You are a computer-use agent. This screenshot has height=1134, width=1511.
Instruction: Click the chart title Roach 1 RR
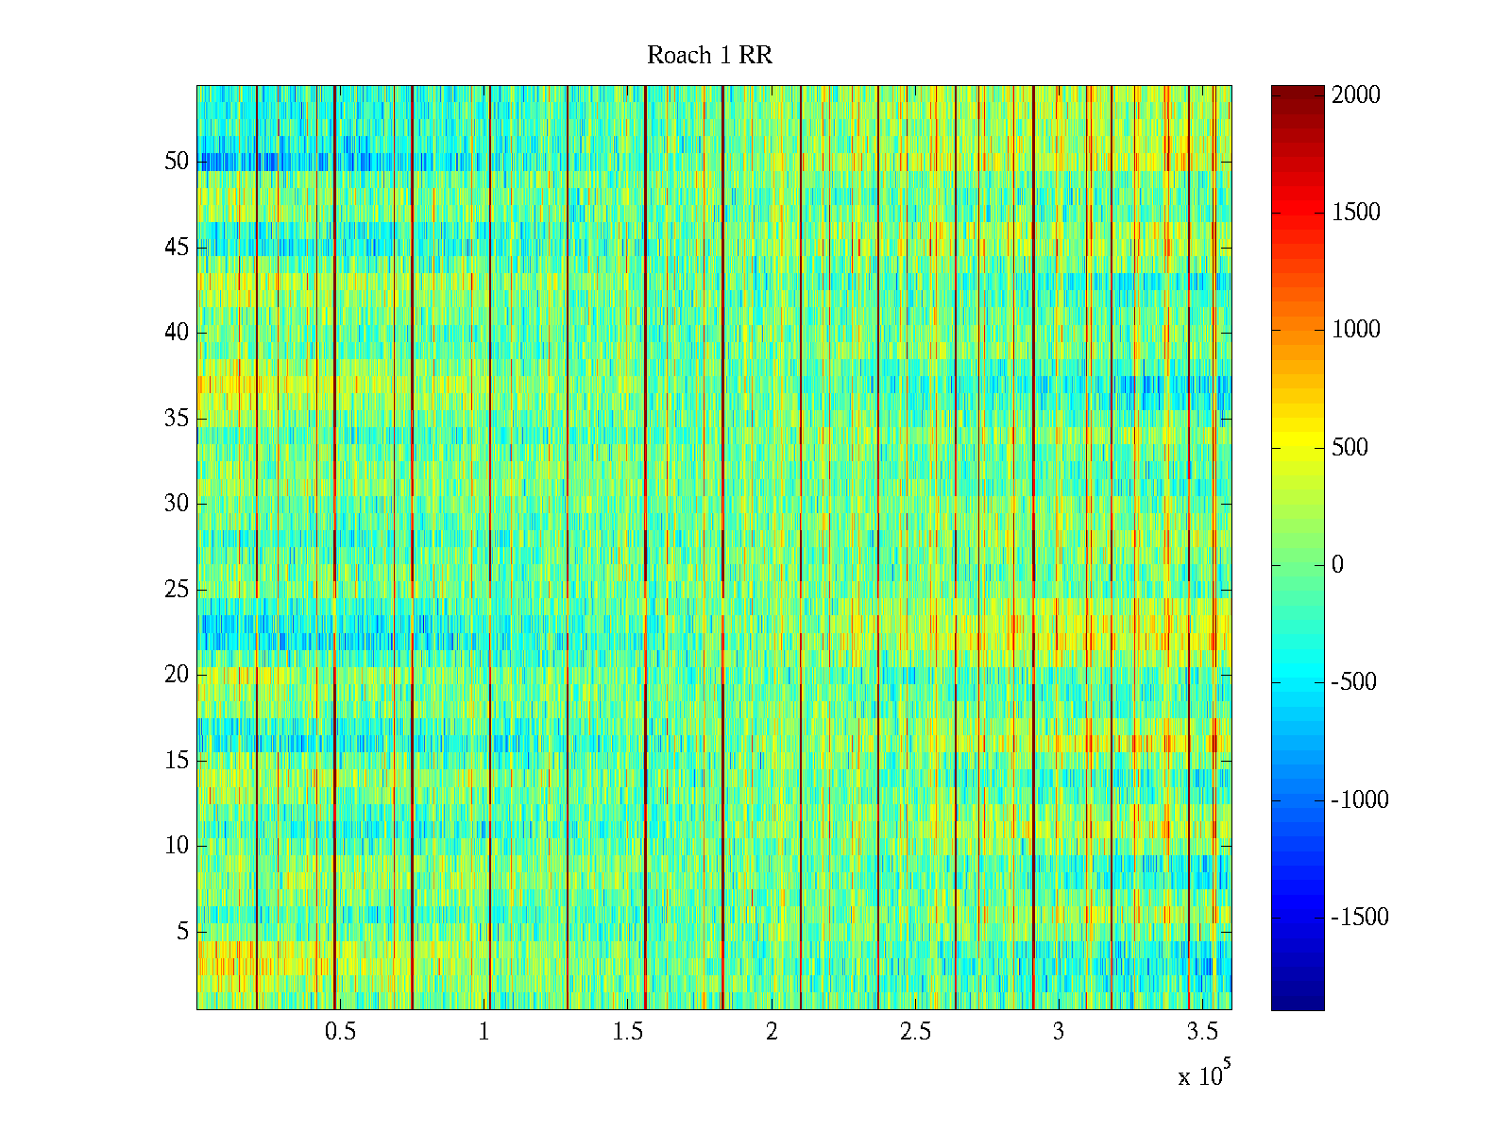(x=709, y=56)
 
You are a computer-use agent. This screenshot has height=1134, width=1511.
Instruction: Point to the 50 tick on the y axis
(x=177, y=162)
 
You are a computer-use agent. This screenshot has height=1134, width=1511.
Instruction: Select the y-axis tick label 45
(x=177, y=248)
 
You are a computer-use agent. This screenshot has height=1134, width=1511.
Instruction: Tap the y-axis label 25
(x=177, y=590)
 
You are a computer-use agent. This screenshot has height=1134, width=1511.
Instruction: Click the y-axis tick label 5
(x=182, y=932)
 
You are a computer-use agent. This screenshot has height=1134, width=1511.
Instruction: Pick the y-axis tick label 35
(x=177, y=419)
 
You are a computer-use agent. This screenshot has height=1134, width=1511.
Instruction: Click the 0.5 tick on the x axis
(x=340, y=1032)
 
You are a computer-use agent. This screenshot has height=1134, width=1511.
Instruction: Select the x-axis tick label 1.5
(x=628, y=1032)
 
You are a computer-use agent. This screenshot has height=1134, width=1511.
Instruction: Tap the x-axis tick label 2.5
(x=915, y=1032)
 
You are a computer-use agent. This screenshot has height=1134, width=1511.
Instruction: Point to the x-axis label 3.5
(x=1202, y=1032)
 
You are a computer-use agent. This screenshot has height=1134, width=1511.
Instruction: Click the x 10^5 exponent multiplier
(x=1204, y=1074)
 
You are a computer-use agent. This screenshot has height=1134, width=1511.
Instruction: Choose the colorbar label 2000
(x=1356, y=95)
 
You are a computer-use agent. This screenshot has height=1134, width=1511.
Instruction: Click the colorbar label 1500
(x=1356, y=213)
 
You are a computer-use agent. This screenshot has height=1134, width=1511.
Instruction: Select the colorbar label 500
(x=1350, y=448)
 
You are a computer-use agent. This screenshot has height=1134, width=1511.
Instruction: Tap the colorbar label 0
(x=1337, y=565)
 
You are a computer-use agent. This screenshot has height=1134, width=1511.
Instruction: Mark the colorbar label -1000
(x=1360, y=800)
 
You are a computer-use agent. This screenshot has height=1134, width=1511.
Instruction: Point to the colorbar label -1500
(x=1360, y=918)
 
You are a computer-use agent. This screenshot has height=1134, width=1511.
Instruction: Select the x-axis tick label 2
(x=772, y=1032)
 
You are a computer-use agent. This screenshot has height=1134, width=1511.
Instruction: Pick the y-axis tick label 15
(x=177, y=761)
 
